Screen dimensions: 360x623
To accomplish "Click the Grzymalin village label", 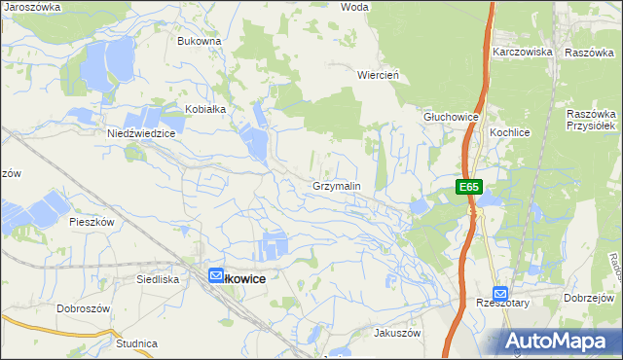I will click(x=337, y=185).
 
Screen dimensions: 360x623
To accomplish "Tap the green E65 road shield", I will click(x=469, y=186).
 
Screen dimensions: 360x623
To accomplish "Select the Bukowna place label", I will click(x=200, y=41).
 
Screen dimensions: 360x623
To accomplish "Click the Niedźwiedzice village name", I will click(x=140, y=133).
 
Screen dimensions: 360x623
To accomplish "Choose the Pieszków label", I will click(x=92, y=221).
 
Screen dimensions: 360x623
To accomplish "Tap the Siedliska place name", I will click(x=158, y=278).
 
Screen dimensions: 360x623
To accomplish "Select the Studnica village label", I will click(x=136, y=343).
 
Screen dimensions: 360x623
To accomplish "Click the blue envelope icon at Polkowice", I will click(x=216, y=276).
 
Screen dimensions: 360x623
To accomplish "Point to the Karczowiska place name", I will click(x=523, y=51).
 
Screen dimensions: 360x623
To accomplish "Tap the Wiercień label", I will click(x=380, y=74).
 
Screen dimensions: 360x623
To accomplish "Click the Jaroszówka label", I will click(x=32, y=6).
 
